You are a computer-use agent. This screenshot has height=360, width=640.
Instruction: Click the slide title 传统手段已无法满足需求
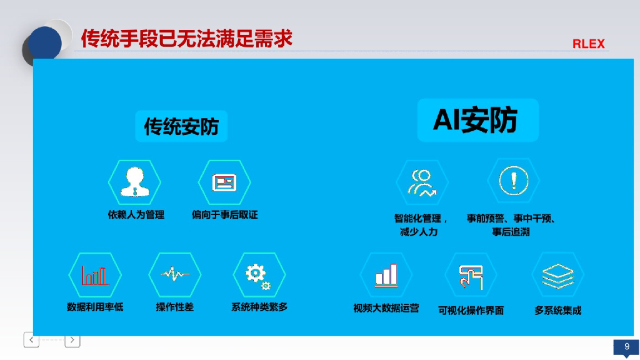(187, 39)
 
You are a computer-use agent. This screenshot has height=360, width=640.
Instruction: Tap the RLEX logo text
(588, 44)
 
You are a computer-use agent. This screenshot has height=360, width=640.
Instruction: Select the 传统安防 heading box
(181, 127)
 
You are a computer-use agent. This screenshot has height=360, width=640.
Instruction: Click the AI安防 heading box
(477, 119)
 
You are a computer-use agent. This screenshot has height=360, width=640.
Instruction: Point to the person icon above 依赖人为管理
(135, 182)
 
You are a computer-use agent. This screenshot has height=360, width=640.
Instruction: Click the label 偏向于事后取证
(224, 215)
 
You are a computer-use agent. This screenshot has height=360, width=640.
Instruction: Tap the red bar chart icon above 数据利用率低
(95, 275)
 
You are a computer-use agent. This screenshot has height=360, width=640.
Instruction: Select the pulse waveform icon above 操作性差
(175, 274)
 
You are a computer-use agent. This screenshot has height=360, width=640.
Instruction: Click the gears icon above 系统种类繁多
(258, 275)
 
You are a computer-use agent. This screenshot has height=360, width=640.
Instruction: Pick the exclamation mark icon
(514, 181)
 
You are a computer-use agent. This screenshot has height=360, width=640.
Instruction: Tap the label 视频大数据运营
(386, 308)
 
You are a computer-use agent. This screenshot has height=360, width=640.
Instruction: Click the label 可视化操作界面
(471, 311)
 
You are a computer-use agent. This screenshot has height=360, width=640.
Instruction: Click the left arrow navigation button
(31, 340)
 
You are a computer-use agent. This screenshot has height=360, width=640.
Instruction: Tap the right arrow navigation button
(72, 340)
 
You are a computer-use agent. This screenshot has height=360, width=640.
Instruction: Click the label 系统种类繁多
(259, 307)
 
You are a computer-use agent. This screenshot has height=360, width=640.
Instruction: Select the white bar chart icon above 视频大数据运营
(386, 275)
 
